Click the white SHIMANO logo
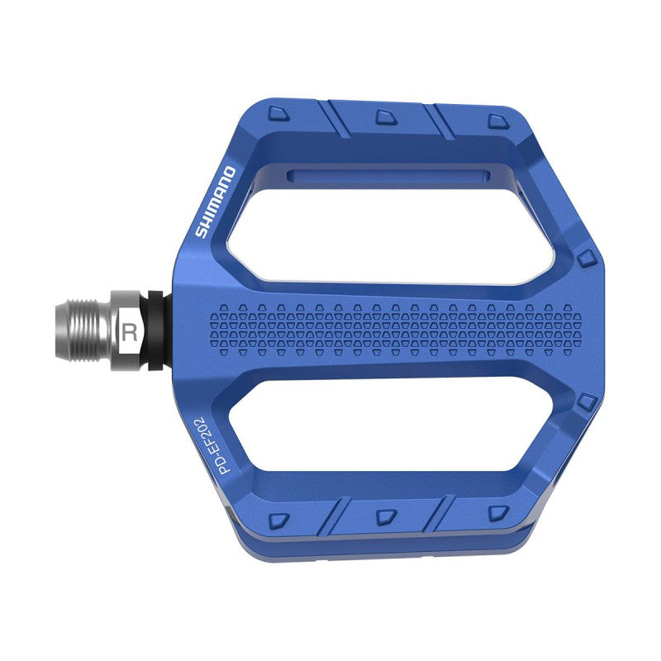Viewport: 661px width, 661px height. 216,202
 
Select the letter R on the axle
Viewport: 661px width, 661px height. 129,333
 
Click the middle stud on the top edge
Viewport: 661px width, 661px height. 385,117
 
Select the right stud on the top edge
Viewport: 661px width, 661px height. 495,122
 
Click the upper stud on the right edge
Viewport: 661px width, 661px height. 586,258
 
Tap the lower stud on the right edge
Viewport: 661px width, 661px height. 586,402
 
